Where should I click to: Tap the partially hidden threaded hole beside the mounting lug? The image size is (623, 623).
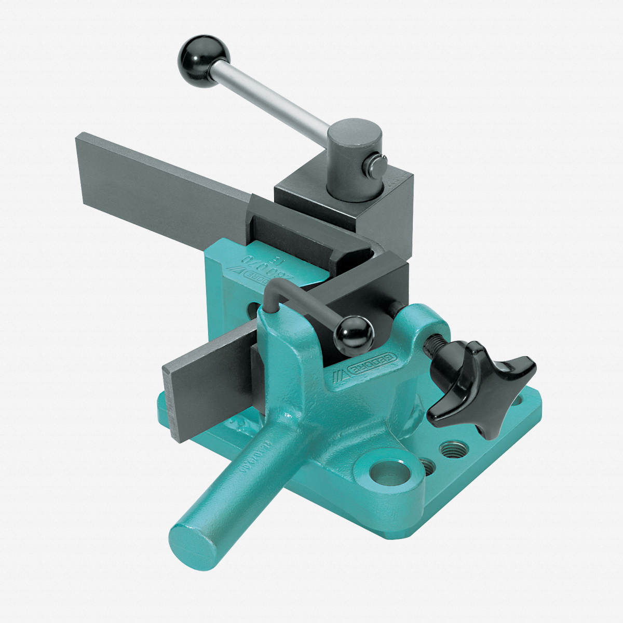point(427,465)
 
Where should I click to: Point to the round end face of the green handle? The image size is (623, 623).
point(193,545)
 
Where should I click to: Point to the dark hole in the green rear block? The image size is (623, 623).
point(252,311)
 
